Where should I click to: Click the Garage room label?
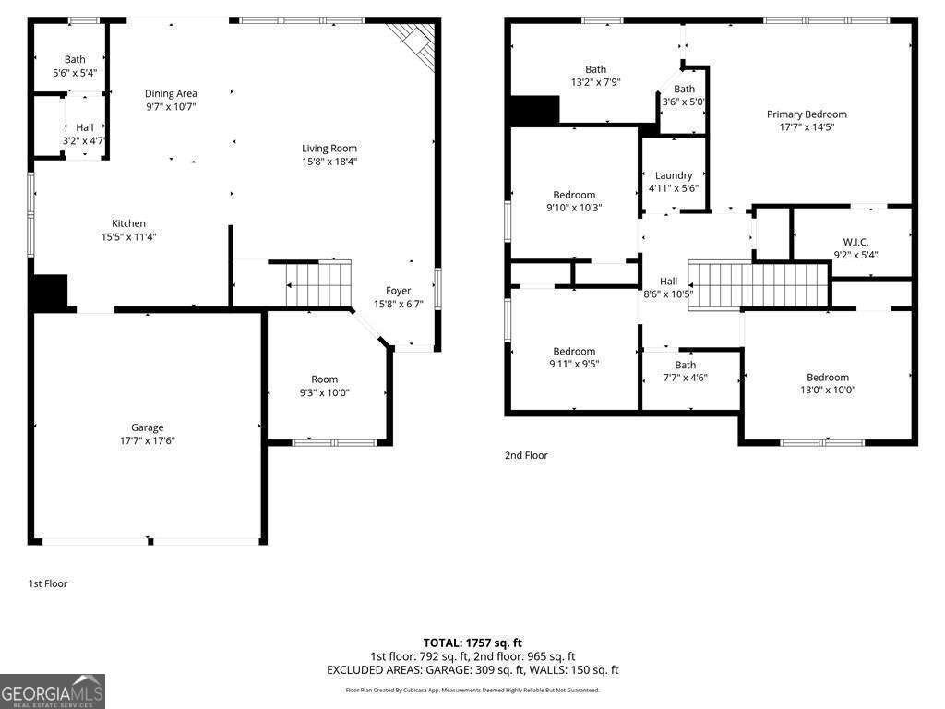[x=147, y=427]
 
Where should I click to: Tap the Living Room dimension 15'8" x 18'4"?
[x=329, y=162]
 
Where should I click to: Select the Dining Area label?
[x=171, y=93]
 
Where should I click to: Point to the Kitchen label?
[x=128, y=223]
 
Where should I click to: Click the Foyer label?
[x=398, y=291]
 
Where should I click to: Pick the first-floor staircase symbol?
[x=318, y=283]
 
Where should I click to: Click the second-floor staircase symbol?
[x=760, y=285]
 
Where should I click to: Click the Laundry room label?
[x=674, y=175]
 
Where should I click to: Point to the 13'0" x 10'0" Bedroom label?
[x=827, y=377]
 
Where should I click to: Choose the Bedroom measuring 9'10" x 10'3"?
[x=574, y=195]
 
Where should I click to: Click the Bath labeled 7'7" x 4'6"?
[x=685, y=365]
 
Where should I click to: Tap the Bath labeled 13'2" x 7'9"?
[x=595, y=69]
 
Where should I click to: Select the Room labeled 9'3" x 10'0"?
[x=324, y=379]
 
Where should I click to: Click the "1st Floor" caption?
[x=48, y=583]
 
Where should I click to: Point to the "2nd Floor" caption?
[x=526, y=455]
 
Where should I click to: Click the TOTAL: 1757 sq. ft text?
[x=472, y=643]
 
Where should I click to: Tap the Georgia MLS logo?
[x=53, y=691]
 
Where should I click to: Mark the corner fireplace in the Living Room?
[x=413, y=41]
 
